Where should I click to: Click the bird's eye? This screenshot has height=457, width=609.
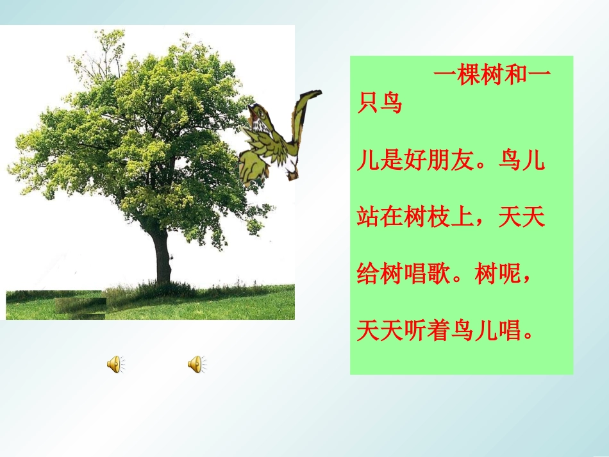click(x=260, y=114)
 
